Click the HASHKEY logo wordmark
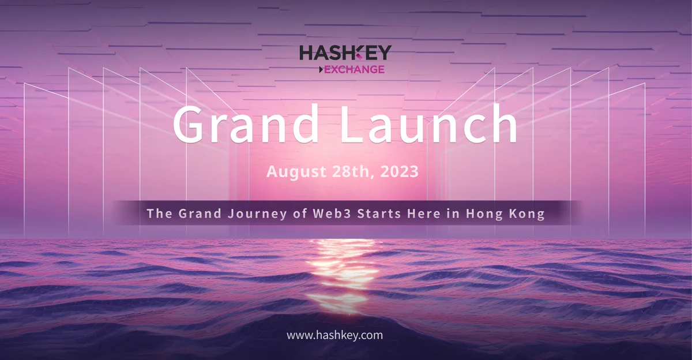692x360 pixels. (345, 52)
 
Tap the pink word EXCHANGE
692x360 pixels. (354, 70)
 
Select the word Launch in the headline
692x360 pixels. (429, 123)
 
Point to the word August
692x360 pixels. (296, 171)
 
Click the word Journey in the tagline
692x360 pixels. (258, 214)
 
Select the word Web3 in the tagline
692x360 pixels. (332, 213)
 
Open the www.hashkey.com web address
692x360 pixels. (334, 335)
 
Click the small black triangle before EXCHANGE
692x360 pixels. (321, 70)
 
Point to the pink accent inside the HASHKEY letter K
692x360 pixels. (359, 56)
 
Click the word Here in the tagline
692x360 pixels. (424, 213)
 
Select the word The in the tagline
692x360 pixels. (159, 213)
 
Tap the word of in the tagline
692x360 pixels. (300, 213)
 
